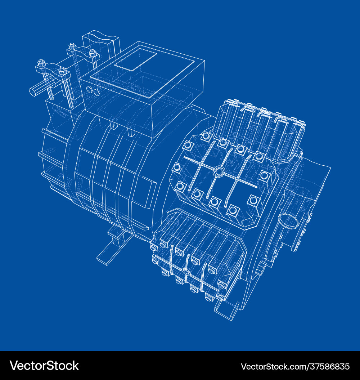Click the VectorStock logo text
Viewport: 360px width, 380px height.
coord(44,366)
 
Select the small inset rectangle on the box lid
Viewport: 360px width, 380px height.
coord(136,60)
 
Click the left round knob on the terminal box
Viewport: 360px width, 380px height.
coord(90,89)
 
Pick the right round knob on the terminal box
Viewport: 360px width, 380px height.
coord(96,93)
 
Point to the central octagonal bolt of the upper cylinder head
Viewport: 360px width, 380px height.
coord(218,172)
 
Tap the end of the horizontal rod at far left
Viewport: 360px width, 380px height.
coord(32,91)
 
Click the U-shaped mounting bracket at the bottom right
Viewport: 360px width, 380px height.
coord(226,310)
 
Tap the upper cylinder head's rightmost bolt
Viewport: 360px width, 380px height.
coord(265,175)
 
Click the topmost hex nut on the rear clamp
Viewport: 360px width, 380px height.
coord(72,46)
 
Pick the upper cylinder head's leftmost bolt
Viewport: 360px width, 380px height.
coord(177,167)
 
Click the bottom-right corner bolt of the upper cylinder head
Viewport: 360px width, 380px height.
coord(253,200)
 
